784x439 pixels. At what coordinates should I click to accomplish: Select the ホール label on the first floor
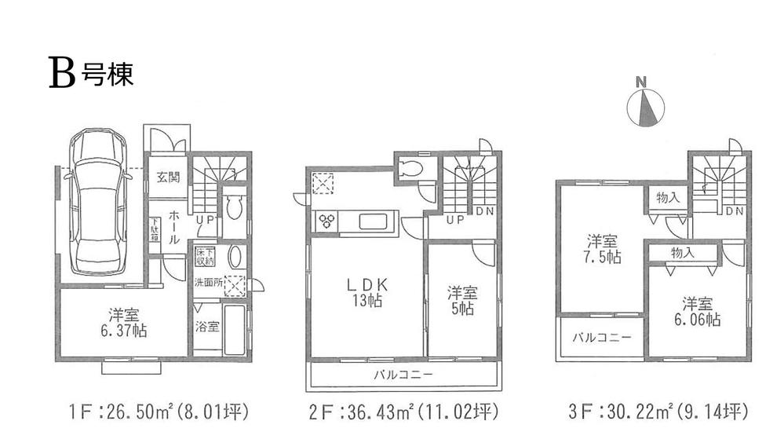(176, 224)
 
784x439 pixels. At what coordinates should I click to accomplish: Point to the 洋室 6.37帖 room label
(124, 322)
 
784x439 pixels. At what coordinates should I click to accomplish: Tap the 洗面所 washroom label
(208, 283)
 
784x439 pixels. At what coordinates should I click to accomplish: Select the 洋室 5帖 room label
(461, 301)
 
